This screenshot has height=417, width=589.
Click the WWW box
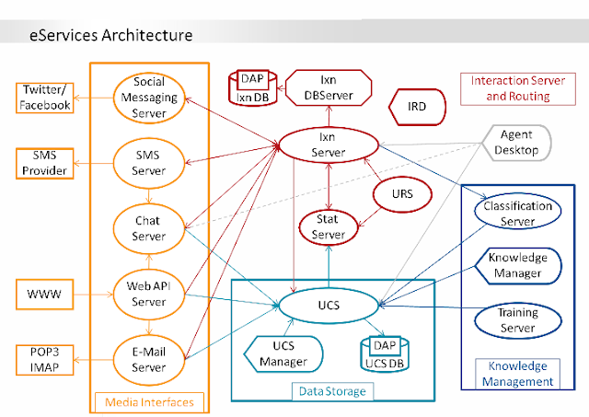coord(45,296)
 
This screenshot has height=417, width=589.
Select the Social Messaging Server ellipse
coord(148,98)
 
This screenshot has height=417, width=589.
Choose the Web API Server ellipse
coord(148,293)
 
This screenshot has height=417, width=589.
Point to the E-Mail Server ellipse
coord(148,357)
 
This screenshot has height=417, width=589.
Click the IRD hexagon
coord(415,108)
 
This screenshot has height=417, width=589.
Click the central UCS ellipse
coord(329,304)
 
